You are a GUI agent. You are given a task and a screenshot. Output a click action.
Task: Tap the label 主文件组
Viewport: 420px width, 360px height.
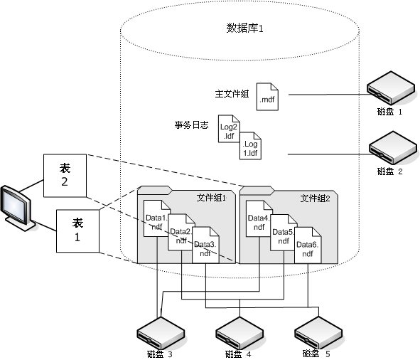232,94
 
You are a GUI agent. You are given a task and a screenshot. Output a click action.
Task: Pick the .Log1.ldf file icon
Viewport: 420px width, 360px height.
250,147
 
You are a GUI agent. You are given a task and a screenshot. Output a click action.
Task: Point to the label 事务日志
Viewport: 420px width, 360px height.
191,125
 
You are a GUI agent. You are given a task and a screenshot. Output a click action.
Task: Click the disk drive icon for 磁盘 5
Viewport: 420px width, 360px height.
316,331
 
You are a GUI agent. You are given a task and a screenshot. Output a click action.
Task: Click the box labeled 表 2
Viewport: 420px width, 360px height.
65,174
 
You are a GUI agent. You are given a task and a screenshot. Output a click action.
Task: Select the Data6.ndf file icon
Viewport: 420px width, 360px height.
307,245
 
